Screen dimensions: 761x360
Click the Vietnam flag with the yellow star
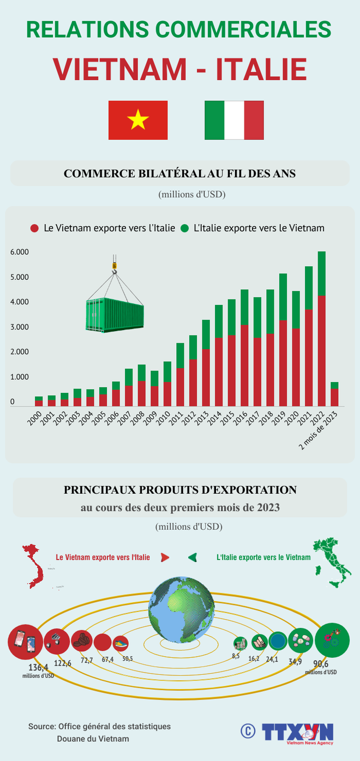pos(138,120)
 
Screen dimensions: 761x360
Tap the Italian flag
pos(234,120)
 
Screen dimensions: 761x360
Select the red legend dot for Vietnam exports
pos(35,228)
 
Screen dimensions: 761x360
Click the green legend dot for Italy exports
pos(185,228)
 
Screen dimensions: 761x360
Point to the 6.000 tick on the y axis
pos(19,252)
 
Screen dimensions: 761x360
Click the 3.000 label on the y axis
pos(19,327)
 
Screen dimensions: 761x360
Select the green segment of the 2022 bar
pos(322,273)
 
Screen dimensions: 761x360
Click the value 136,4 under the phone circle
pos(38,667)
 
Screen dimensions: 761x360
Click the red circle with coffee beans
pos(82,640)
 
